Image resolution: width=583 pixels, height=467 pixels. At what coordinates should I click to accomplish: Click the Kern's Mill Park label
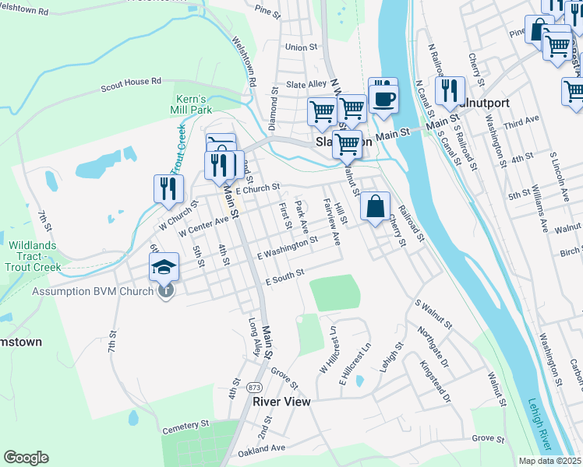(x=191, y=104)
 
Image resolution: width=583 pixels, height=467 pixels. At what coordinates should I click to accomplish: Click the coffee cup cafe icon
(x=383, y=98)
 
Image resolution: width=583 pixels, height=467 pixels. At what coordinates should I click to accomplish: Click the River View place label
(x=281, y=402)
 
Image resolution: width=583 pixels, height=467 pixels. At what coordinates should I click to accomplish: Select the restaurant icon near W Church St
(x=168, y=188)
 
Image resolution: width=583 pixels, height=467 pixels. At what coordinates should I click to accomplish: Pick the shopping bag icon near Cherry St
(x=375, y=207)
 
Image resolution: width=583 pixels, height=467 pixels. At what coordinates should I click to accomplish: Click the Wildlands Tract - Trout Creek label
(x=35, y=256)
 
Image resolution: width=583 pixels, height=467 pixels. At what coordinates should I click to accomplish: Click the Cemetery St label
(x=186, y=426)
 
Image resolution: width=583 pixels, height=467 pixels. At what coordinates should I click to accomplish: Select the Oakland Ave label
(x=261, y=449)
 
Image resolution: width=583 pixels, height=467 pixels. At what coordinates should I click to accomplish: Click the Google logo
(x=26, y=458)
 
